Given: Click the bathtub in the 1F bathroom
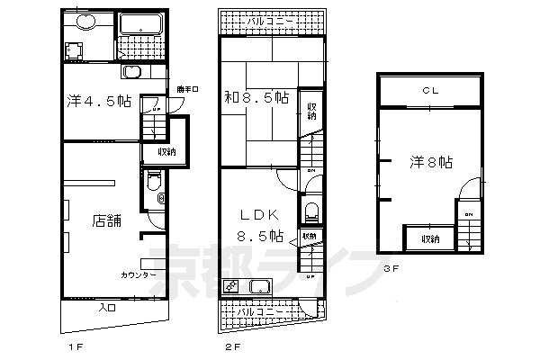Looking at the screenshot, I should pos(139,26).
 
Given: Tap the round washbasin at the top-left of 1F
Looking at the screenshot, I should pos(84,24).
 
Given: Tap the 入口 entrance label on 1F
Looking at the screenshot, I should pos(105,309).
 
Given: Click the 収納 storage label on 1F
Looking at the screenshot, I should pos(166,151).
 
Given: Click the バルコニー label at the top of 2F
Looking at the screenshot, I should pos(270,20).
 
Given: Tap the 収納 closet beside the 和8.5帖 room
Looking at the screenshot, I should pos(310,111).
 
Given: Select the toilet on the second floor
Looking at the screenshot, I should pos(311,212).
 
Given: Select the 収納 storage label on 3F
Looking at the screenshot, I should pos(429,238).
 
